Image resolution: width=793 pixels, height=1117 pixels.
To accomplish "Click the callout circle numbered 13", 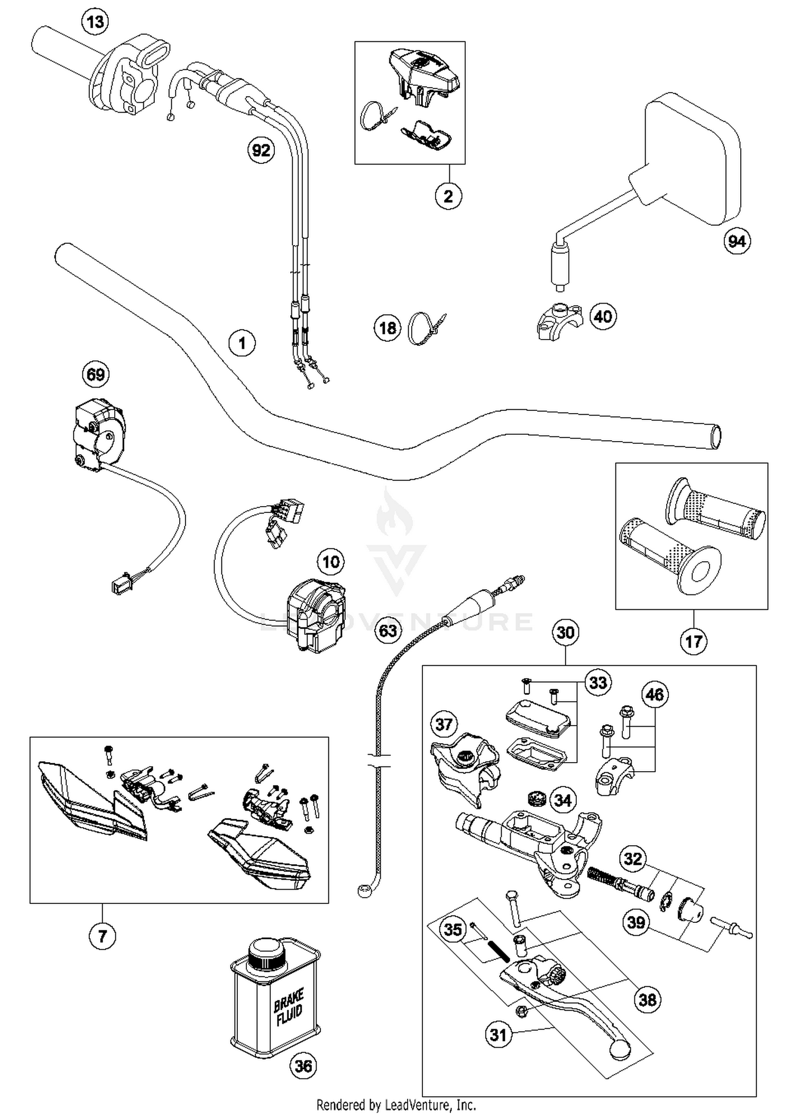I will click(x=96, y=23).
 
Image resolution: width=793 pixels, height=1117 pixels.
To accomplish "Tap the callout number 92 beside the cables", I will click(x=261, y=151).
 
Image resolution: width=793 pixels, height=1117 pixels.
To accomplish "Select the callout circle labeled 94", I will click(x=737, y=241).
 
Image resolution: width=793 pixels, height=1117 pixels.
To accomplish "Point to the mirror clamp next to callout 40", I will click(x=558, y=321).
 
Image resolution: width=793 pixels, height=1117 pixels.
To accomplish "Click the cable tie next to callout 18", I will click(x=426, y=328).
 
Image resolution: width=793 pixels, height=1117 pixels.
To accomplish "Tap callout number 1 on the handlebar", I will click(x=242, y=343).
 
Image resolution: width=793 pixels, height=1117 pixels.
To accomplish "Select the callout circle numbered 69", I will click(x=96, y=374).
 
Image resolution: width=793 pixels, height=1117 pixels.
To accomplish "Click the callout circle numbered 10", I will click(x=331, y=562).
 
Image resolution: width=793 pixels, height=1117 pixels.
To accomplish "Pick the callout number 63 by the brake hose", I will click(x=388, y=630).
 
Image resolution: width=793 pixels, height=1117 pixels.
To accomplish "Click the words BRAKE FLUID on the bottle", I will click(x=288, y=1008).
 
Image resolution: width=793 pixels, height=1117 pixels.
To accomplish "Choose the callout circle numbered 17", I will click(x=693, y=642).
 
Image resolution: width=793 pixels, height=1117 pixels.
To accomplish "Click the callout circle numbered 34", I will click(x=563, y=801).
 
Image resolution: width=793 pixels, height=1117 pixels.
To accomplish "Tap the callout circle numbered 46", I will click(x=654, y=694).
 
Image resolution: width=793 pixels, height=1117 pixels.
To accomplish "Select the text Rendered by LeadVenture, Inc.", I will click(x=396, y=1105).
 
